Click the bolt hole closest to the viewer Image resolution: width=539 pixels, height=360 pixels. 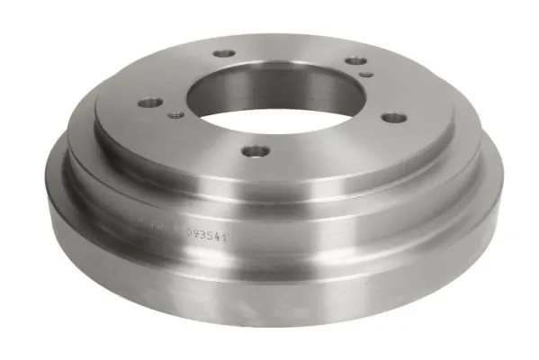click(256, 150)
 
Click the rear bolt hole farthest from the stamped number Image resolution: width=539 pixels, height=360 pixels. click(224, 54)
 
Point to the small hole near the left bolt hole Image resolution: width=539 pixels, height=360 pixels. click(175, 114)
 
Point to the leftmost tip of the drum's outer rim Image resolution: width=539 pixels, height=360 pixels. click(48, 166)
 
